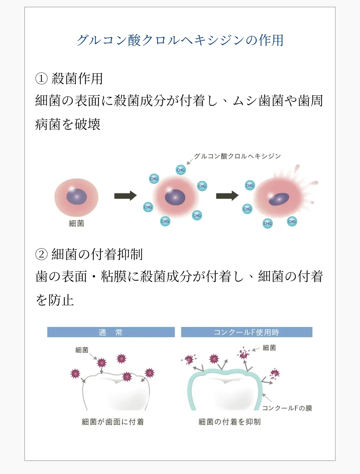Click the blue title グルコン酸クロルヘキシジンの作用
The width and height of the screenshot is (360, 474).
click(180, 40)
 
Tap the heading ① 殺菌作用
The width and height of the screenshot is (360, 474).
click(69, 79)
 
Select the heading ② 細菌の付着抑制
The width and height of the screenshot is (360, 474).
click(89, 254)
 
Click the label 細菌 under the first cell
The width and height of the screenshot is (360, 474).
click(76, 223)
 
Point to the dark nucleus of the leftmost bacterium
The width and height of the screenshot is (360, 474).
click(76, 196)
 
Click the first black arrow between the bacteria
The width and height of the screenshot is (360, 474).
click(125, 196)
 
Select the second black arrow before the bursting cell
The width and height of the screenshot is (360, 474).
click(227, 196)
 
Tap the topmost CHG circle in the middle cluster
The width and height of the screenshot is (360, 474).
click(181, 170)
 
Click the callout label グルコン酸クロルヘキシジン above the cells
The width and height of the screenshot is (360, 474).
click(237, 156)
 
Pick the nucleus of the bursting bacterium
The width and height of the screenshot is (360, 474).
click(279, 199)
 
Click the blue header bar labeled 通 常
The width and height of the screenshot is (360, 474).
click(111, 332)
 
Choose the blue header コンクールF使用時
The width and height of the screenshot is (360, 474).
click(246, 332)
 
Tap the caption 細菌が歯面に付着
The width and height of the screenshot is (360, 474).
click(113, 422)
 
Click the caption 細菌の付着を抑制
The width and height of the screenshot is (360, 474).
click(229, 422)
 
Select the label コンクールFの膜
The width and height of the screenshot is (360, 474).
click(287, 408)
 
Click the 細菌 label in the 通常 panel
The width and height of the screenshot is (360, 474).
click(82, 350)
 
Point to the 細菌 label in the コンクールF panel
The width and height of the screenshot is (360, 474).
click(269, 348)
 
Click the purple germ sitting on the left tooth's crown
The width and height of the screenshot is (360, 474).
click(127, 377)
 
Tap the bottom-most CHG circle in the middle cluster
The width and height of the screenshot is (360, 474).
click(165, 221)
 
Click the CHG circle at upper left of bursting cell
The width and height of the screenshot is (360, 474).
click(250, 185)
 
